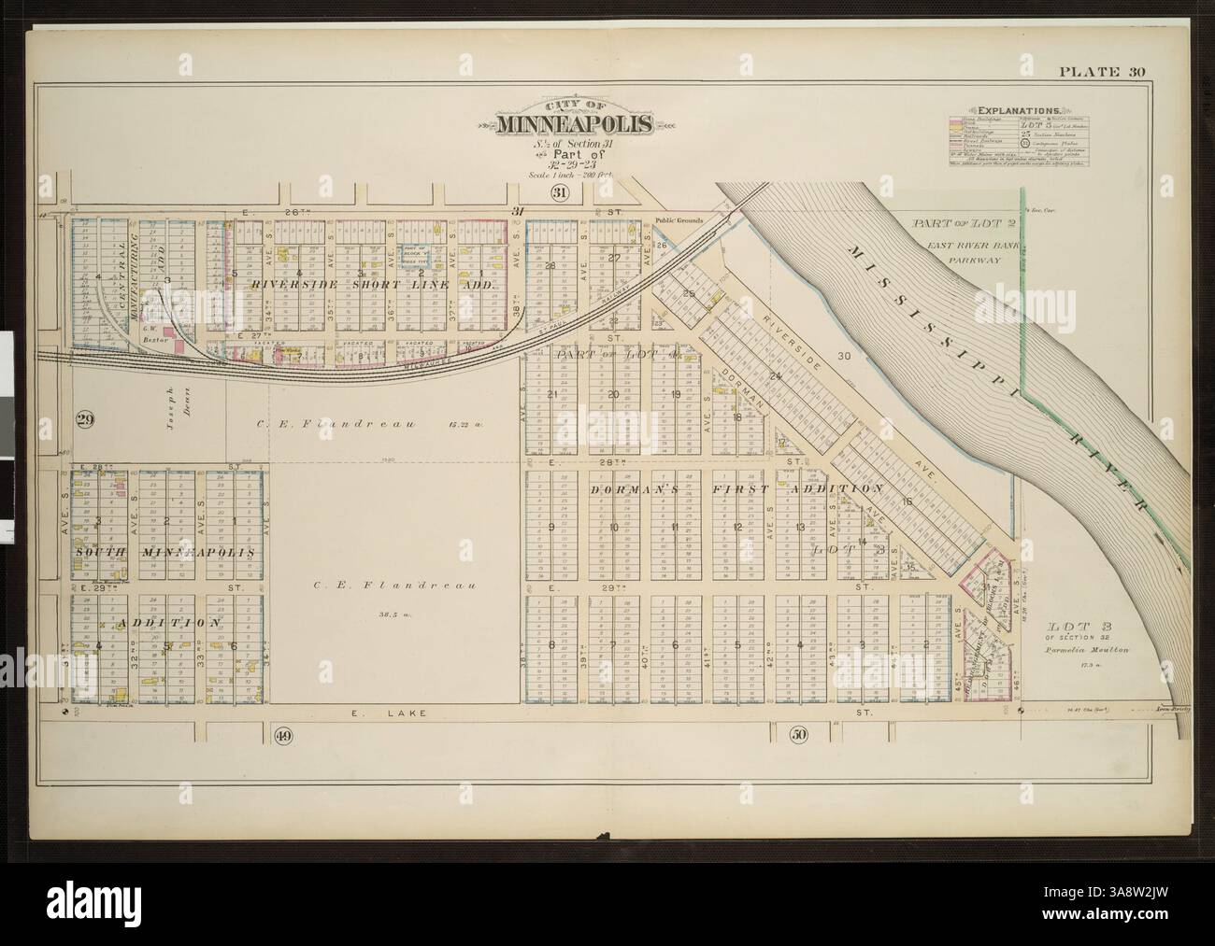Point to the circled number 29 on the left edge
(79, 420)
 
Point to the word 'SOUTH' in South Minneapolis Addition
(101, 553)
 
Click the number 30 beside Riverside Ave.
(844, 356)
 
